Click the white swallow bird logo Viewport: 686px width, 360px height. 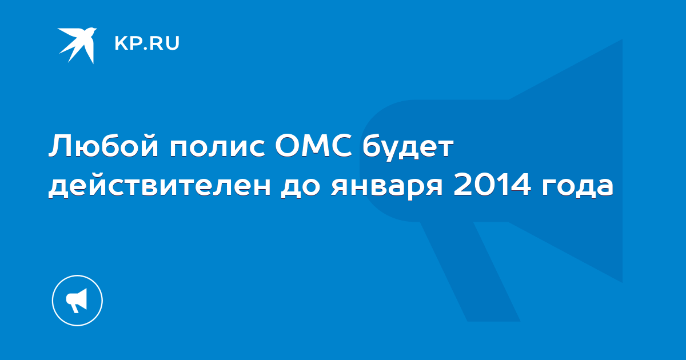click(x=78, y=45)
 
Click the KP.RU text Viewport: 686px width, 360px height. click(x=147, y=43)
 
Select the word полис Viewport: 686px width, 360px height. click(x=217, y=148)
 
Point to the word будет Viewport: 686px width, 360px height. click(x=408, y=147)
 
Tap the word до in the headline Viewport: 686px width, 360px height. click(x=301, y=187)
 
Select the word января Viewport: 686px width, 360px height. click(x=387, y=188)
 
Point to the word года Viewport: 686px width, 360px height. click(x=577, y=187)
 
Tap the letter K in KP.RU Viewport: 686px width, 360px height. click(x=121, y=43)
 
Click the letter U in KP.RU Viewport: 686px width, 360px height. click(x=173, y=43)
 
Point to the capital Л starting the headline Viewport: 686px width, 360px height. click(x=60, y=146)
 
